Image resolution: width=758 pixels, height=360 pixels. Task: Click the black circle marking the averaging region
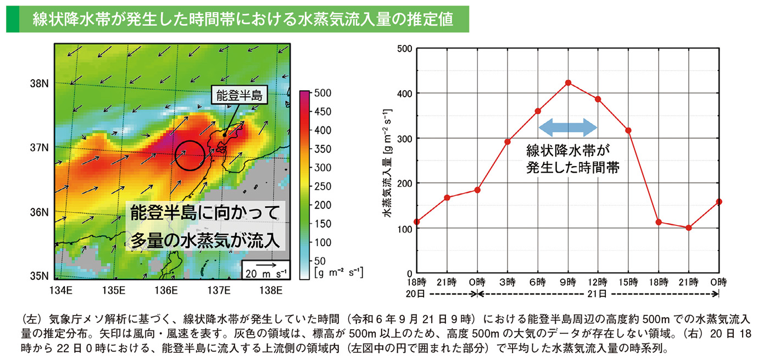tap(189, 155)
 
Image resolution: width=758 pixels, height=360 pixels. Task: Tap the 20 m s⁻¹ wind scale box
tap(266, 270)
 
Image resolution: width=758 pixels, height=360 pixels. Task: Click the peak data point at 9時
tap(568, 83)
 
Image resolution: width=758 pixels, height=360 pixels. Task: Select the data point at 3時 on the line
tap(508, 142)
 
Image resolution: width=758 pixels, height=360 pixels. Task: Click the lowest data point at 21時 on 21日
tap(689, 228)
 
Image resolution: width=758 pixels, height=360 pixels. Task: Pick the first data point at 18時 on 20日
tap(417, 222)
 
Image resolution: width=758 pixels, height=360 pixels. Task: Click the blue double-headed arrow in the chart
tap(567, 128)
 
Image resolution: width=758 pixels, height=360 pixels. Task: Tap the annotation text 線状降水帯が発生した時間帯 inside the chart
tap(568, 159)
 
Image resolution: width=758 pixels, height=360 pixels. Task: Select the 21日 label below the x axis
tap(598, 294)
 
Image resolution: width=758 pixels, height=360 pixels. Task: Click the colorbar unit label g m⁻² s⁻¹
tap(338, 272)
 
